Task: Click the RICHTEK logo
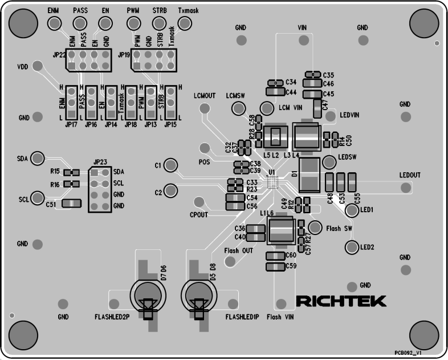point(341,300)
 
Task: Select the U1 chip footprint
point(272,182)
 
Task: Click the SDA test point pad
point(38,157)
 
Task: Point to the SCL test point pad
point(38,198)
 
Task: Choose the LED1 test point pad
point(352,211)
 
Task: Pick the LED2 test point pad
point(352,247)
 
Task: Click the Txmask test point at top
point(185,22)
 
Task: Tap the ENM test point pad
point(54,22)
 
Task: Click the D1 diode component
point(311,175)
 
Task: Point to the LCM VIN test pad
point(267,108)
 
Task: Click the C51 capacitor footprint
point(72,204)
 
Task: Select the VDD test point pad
point(38,66)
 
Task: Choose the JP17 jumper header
point(72,103)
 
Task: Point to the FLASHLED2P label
point(112,317)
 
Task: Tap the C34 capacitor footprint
point(275,83)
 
